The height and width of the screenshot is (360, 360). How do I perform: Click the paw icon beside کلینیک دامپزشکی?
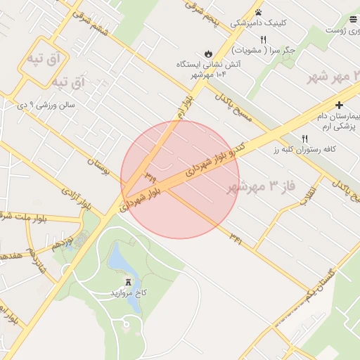tap(259, 13)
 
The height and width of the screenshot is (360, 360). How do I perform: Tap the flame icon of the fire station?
tap(208, 53)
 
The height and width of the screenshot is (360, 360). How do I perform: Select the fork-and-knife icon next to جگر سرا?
tap(263, 40)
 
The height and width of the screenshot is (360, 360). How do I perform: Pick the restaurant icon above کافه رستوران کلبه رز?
tap(304, 139)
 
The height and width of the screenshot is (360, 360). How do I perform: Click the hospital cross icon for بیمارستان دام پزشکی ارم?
tap(339, 105)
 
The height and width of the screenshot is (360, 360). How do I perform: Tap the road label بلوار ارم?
tap(181, 105)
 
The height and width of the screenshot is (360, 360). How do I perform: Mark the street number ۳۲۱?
tap(236, 239)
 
